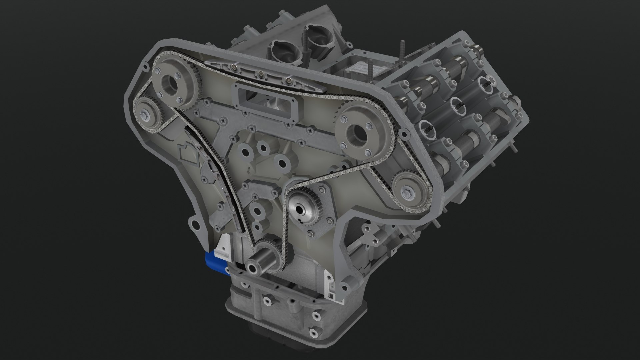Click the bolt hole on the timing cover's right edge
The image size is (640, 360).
coord(404,134)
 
